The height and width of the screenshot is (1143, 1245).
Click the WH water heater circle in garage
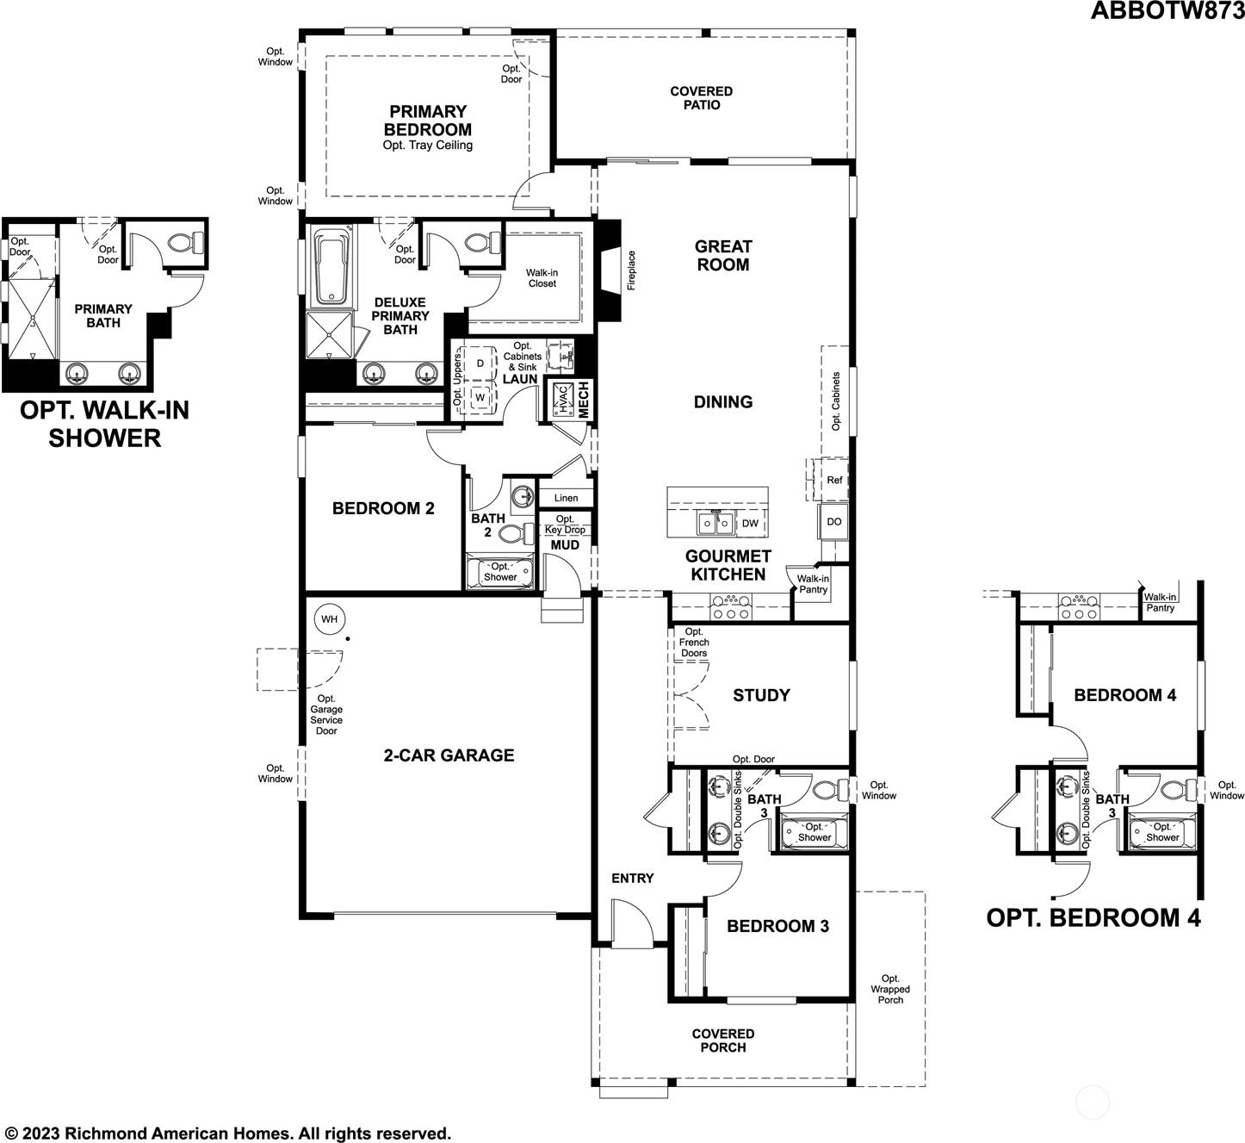tap(329, 619)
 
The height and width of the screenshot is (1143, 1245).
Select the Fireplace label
tap(631, 270)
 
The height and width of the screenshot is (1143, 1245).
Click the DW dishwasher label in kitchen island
tap(750, 523)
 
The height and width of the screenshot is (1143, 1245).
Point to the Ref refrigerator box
tap(833, 480)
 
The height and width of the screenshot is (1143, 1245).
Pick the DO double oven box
tap(833, 521)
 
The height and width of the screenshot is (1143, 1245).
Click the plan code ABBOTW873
tap(1167, 10)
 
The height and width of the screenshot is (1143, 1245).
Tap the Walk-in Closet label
tap(542, 278)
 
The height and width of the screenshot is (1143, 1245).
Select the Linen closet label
tap(566, 498)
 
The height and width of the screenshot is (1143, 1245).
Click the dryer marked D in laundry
tap(480, 363)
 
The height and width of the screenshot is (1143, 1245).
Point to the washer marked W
tap(480, 399)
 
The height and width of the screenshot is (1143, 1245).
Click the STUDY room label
tap(761, 695)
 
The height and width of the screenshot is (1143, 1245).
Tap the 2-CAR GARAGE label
tap(449, 755)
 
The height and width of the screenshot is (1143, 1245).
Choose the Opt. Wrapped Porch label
tap(890, 989)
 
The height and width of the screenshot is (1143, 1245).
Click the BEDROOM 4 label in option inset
tap(1124, 695)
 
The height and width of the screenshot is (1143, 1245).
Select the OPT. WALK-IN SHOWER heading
tap(104, 424)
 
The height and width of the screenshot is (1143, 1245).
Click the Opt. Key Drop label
tap(565, 525)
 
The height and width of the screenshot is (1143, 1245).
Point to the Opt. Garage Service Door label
tap(326, 715)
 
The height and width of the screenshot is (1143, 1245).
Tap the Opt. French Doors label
tap(694, 643)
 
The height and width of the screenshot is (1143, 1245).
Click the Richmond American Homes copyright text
tap(227, 1133)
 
